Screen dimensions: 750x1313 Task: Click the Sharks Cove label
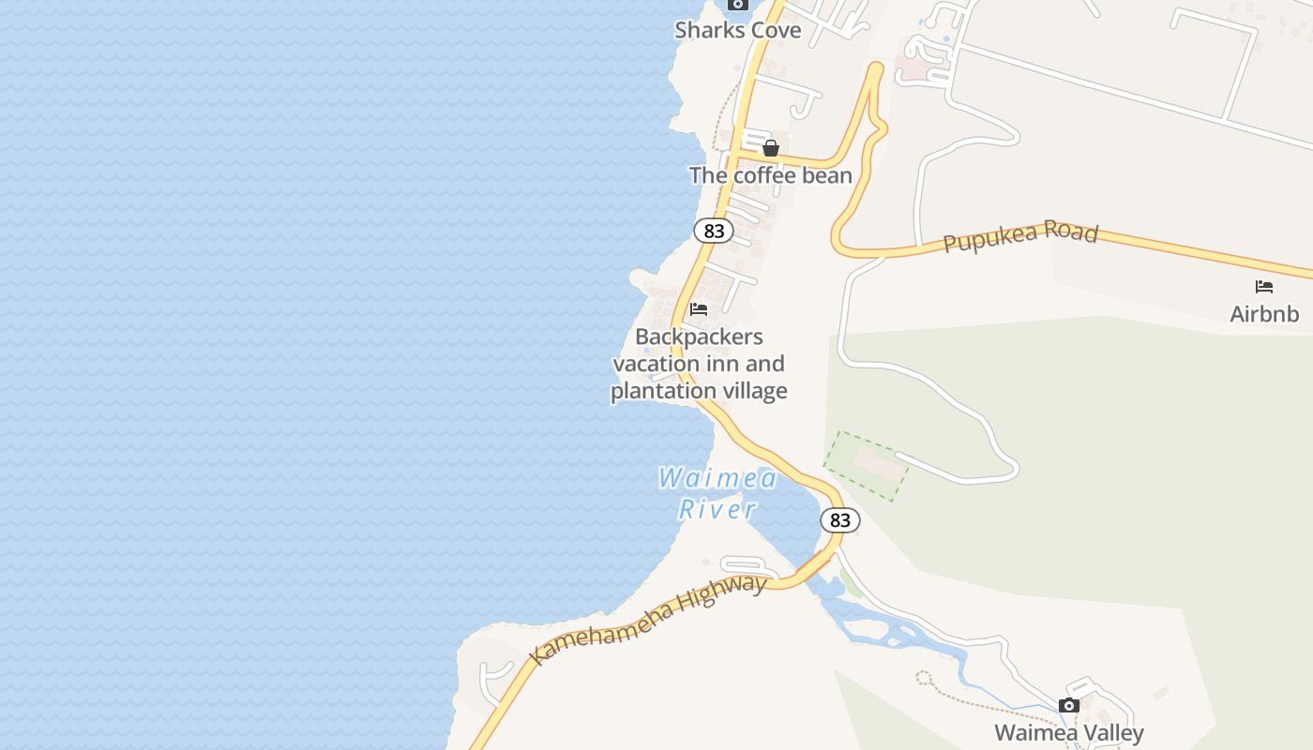[738, 30]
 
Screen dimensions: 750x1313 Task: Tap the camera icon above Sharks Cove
[738, 5]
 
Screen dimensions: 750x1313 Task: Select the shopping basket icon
[771, 148]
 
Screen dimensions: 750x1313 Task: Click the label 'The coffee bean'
[770, 175]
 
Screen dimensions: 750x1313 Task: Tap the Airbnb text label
[1264, 314]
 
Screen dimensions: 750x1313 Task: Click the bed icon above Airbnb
[1264, 287]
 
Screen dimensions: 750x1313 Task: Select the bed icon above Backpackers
[699, 309]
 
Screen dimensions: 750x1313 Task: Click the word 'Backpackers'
[699, 337]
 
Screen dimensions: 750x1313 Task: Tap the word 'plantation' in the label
[653, 391]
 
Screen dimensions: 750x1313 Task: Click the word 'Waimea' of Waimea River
[717, 479]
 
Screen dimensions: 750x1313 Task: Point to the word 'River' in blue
[717, 510]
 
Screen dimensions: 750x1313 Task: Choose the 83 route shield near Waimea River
[839, 520]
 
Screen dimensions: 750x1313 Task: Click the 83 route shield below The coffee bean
[714, 231]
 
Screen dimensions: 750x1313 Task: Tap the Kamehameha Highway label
[648, 620]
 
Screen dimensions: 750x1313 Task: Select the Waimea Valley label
[1068, 732]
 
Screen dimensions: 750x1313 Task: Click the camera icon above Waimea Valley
[1068, 706]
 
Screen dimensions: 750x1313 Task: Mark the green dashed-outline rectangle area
[866, 466]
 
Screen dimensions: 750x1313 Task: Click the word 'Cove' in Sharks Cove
[775, 30]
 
